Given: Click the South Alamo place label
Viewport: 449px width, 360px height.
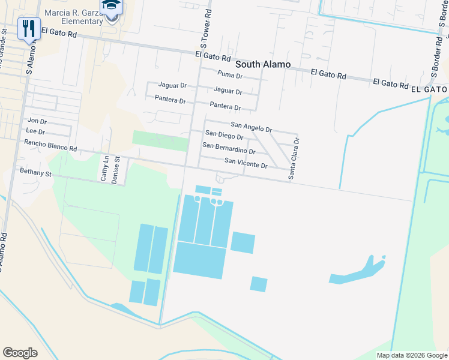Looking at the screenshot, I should click(x=263, y=64).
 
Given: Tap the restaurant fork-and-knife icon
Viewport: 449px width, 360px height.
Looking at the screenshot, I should click(x=29, y=28).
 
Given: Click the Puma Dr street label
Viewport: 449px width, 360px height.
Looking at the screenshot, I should click(x=230, y=76).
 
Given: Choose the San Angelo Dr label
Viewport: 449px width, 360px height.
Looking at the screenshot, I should click(x=252, y=128).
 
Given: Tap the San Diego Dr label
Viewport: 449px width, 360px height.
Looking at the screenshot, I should click(x=224, y=136).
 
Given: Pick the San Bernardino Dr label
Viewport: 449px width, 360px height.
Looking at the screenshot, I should click(x=229, y=148).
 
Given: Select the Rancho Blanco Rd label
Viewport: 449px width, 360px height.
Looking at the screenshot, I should click(x=50, y=145).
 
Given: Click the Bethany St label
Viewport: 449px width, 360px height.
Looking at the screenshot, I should click(x=36, y=173).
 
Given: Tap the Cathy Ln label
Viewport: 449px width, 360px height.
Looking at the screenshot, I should click(x=104, y=169).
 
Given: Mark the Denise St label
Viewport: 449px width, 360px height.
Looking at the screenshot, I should click(x=118, y=170).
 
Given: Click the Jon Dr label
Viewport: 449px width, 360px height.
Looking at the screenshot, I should click(x=37, y=121).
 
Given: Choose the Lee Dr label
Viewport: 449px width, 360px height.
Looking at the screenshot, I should click(x=36, y=131).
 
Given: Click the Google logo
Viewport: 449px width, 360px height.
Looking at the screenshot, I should click(x=20, y=352).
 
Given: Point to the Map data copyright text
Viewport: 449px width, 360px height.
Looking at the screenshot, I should click(x=411, y=355).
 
